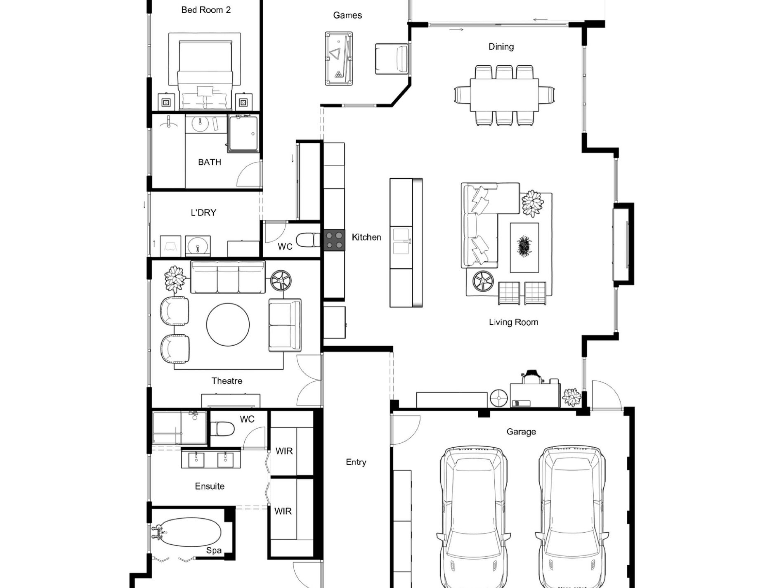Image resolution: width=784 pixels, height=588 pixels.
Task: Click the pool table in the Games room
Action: click(339, 59)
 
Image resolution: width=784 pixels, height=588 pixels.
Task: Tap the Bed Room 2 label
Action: click(206, 10)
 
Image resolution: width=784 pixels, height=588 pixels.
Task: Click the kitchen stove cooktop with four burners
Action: click(334, 240)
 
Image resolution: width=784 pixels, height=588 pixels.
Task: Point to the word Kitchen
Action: click(366, 237)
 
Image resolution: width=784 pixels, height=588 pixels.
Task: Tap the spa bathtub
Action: click(188, 533)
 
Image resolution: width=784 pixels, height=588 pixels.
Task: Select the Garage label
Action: click(521, 432)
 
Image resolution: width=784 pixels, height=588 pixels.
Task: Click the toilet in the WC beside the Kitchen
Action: click(308, 240)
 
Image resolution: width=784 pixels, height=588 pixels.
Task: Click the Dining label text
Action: click(501, 47)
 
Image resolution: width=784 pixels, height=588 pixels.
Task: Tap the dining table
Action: click(504, 95)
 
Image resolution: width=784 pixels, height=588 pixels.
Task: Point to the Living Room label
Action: click(513, 322)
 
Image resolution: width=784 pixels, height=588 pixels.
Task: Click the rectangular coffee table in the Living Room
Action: click(524, 248)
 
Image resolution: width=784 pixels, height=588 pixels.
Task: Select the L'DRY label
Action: click(203, 213)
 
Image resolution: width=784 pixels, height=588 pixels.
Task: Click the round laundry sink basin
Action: click(198, 247)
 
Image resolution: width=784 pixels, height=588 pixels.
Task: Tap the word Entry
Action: click(356, 462)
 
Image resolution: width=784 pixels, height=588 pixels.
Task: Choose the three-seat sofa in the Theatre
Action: click(228, 277)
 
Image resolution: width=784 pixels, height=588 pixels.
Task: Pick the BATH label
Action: click(210, 162)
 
